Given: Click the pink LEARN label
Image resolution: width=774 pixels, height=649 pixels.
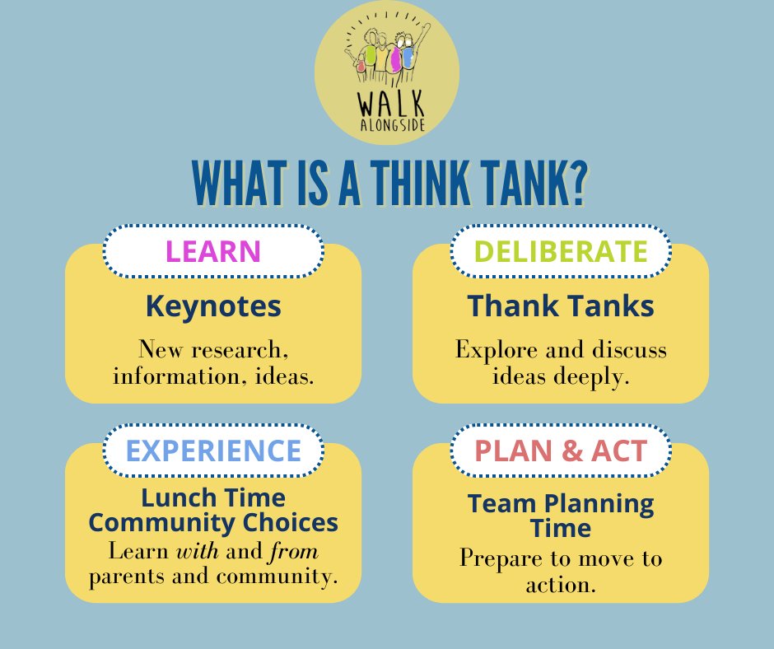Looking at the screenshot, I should pyautogui.click(x=212, y=250).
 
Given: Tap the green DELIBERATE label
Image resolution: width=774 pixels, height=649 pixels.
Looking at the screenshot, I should pyautogui.click(x=561, y=250).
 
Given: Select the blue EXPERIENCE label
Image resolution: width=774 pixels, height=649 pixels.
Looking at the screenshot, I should pyautogui.click(x=212, y=450).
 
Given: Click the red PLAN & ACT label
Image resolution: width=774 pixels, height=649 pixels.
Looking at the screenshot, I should pyautogui.click(x=561, y=450).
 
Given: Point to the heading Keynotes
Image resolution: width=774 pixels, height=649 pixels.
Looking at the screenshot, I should pyautogui.click(x=213, y=306).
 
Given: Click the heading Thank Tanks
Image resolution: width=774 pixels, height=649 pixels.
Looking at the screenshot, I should pyautogui.click(x=561, y=306).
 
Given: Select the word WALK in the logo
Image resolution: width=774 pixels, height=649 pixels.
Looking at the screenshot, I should pyautogui.click(x=386, y=107).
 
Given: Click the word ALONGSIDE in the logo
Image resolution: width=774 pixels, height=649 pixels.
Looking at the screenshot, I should pyautogui.click(x=386, y=126).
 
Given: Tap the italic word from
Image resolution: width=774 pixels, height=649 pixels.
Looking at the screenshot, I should pyautogui.click(x=298, y=550).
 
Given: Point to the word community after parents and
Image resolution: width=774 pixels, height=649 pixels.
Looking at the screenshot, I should pyautogui.click(x=280, y=577).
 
